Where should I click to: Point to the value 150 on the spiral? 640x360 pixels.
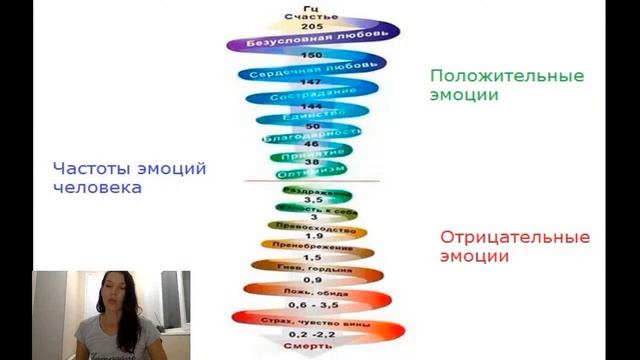312,55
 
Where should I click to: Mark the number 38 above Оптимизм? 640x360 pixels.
312,162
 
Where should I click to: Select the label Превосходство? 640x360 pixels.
312,225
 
